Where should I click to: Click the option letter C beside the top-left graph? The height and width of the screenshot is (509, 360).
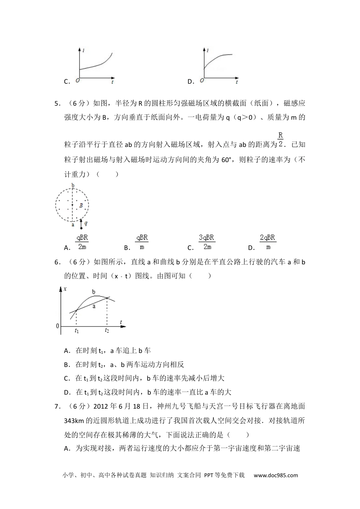66,81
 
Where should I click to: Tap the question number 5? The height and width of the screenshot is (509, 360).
57,103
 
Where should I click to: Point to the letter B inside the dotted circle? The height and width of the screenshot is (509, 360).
81,206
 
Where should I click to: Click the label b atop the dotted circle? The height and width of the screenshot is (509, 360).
73,185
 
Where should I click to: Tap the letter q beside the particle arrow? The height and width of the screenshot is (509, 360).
86,223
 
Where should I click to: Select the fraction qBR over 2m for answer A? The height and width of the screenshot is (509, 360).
82,242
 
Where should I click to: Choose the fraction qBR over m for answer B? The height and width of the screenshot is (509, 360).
142,242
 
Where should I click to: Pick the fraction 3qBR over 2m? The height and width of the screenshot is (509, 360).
207,242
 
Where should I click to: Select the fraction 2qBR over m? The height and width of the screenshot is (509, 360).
268,242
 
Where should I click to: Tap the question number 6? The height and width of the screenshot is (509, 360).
57,262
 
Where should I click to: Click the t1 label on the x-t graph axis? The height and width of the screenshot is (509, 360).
77,331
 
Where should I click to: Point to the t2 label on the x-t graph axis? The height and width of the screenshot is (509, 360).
107,331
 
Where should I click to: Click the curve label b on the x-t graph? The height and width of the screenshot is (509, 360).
94,292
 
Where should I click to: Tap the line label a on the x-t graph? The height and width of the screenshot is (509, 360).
94,306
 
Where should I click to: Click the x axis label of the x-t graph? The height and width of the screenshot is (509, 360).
65,289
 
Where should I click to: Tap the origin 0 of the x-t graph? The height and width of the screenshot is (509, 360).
58,326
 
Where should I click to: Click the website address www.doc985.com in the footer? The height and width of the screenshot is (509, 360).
276,475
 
